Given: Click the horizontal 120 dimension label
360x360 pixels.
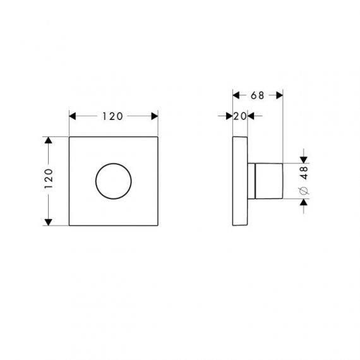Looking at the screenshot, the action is (112, 116).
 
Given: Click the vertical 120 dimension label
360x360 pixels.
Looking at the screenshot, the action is (49, 179).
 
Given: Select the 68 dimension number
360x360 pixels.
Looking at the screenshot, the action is (258, 95).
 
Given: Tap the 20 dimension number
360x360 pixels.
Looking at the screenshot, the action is (240, 116).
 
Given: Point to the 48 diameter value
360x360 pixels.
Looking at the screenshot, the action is (304, 172).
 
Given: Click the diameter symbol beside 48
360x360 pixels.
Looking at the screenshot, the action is (304, 191).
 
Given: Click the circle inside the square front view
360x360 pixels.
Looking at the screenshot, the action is (114, 164).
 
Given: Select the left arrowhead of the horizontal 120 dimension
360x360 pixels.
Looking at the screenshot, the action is (73, 116).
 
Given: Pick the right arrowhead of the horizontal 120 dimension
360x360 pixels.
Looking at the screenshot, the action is (155, 116).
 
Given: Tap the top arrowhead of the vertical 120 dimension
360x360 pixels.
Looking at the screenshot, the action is (48, 140).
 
